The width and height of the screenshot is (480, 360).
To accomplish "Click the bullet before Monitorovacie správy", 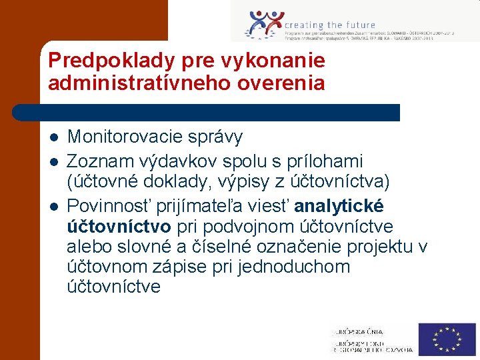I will [54, 138].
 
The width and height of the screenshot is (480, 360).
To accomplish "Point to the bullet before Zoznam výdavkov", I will [54, 162].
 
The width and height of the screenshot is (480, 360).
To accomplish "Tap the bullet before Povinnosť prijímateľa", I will [54, 205].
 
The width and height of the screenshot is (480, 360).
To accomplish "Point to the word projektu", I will [377, 247].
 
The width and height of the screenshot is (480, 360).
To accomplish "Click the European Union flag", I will [447, 339].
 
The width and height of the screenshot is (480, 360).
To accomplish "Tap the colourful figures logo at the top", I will [264, 25].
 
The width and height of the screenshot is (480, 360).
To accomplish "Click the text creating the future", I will [330, 25].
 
